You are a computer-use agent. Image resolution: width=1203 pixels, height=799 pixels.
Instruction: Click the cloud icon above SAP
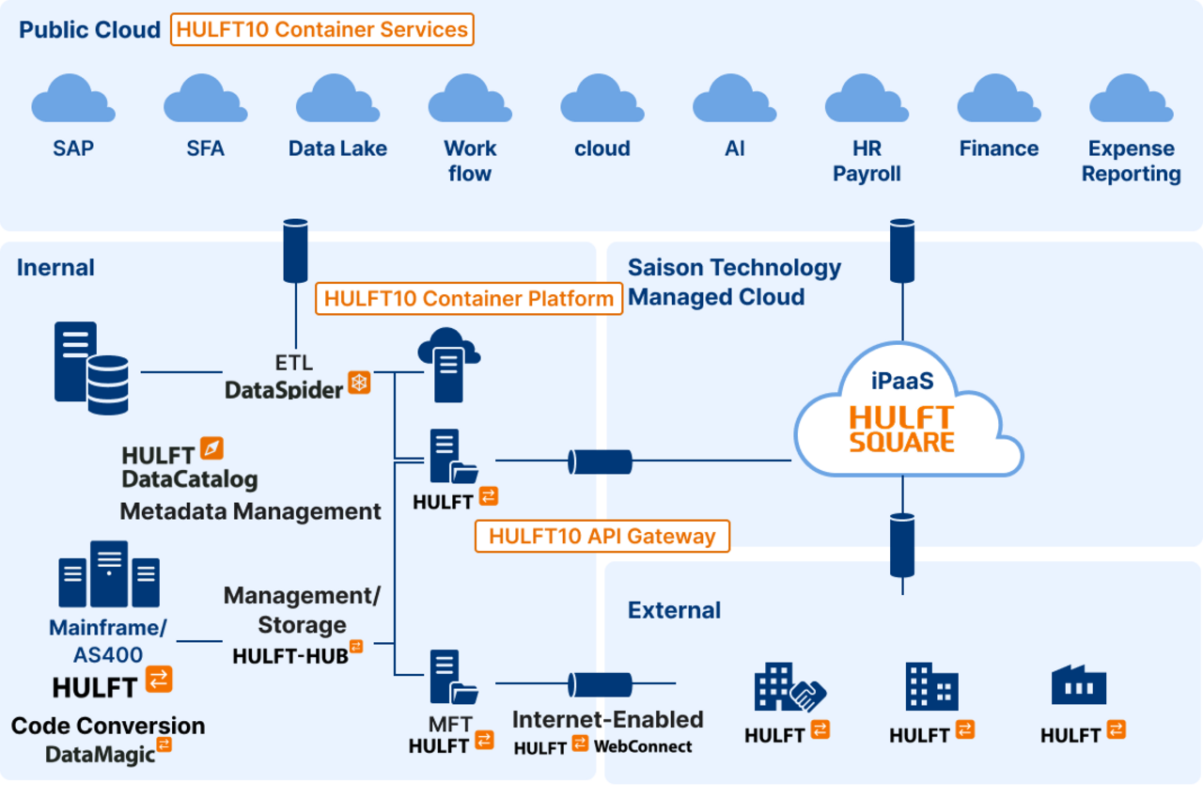pos(73,100)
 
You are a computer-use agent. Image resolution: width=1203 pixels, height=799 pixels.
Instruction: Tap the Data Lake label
pos(337,149)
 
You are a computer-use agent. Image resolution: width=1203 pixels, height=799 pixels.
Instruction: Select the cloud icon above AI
pos(734,100)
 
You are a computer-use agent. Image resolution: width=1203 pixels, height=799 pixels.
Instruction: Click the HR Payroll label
pos(867,161)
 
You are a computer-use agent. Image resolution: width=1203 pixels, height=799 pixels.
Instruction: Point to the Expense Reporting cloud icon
pos(1131,100)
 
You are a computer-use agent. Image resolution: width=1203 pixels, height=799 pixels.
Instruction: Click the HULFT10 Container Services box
pos(322,29)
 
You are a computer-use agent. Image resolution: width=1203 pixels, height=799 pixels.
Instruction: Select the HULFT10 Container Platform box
pos(469,299)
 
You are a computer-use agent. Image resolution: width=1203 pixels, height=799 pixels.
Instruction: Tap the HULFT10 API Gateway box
pos(602,536)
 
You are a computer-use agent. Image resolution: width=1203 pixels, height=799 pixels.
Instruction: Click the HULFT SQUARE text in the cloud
pos(902,429)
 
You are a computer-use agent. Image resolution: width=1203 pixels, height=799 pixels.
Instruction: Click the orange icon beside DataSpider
pos(359,382)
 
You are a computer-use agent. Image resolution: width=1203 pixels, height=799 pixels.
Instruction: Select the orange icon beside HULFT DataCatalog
pos(212,448)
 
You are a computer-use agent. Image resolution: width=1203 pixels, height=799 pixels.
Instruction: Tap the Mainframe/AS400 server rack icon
pos(109,574)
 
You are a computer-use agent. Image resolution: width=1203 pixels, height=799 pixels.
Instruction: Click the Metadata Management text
pos(251,511)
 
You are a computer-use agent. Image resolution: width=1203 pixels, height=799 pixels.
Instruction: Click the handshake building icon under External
pos(789,688)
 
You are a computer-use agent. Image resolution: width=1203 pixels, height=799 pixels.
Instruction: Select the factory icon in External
pos(1078,686)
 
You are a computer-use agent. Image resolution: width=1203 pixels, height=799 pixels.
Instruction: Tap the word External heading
pos(674,610)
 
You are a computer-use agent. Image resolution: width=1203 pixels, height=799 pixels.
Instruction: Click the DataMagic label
pos(101,754)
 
